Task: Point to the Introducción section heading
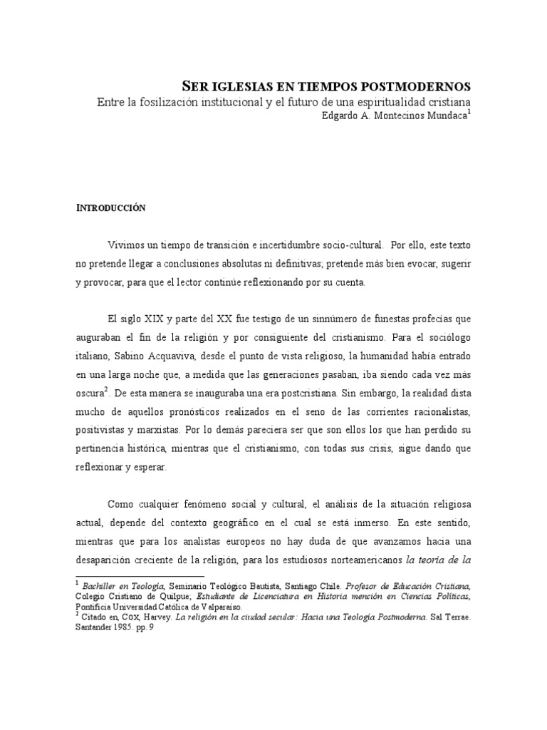(x=110, y=207)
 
